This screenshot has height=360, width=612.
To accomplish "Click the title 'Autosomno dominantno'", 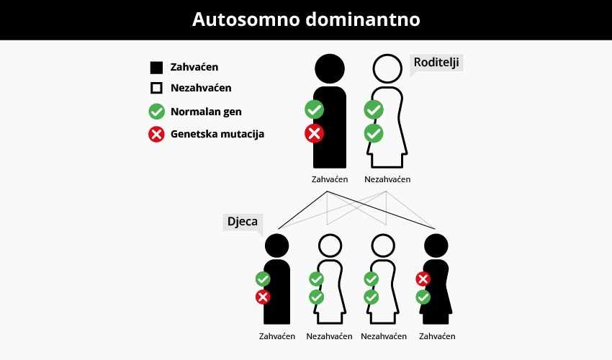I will click(305, 19).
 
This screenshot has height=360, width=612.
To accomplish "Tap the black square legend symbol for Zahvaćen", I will click(156, 68).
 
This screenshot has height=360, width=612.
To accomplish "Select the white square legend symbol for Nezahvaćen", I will click(156, 89).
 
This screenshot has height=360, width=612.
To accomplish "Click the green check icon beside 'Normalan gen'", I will click(156, 112).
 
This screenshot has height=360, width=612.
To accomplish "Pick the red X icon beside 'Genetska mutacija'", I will click(156, 134).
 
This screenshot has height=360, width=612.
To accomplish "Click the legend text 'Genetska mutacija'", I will click(217, 134).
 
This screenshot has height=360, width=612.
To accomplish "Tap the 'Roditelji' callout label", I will click(436, 63).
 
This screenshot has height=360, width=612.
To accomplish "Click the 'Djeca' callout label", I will click(242, 222).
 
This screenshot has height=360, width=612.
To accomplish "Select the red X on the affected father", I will click(314, 133).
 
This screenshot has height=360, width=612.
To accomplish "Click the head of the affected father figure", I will click(330, 69).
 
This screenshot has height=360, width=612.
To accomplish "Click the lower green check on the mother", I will click(373, 133).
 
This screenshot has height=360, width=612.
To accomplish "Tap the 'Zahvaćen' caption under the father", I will click(330, 179).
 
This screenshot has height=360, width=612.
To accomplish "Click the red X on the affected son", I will click(264, 297).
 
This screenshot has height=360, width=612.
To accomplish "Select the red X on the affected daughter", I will click(423, 279).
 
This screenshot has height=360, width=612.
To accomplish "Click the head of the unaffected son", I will click(330, 246).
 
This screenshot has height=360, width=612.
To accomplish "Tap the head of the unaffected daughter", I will click(384, 246).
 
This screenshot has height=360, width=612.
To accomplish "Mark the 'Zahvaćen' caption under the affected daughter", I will click(437, 336).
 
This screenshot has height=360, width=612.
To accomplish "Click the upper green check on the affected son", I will click(264, 279).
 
